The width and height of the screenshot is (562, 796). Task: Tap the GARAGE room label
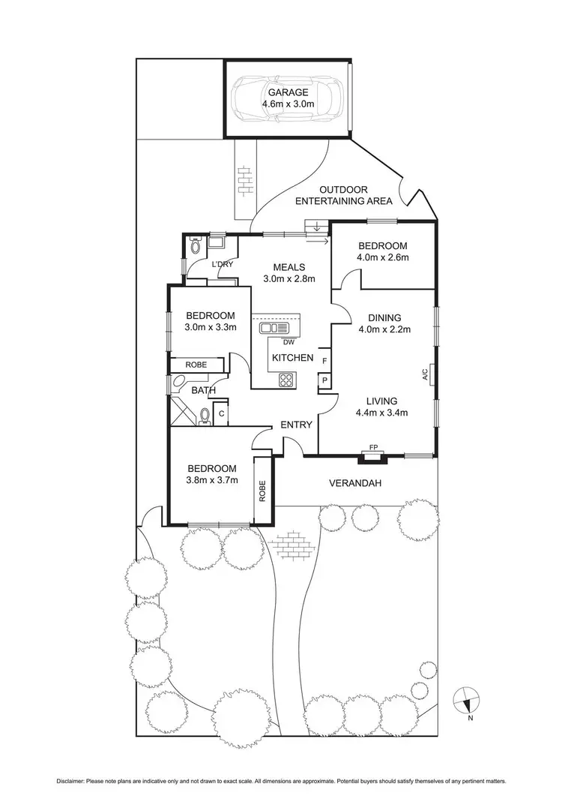pos(288,92)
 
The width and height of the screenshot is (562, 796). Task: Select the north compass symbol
pos(468,700)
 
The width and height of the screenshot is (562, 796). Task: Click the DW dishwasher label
pos(287,344)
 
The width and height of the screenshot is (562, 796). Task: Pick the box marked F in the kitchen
pos(324,361)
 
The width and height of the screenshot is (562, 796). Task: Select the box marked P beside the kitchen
pos(324,381)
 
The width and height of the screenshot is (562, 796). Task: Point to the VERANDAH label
pos(356,483)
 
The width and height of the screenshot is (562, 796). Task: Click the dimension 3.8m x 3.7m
pos(212,481)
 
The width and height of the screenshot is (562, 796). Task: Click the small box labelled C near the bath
pos(222,412)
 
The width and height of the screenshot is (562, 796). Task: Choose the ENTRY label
pos(296,425)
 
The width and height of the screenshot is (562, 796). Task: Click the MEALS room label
pos(288,266)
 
